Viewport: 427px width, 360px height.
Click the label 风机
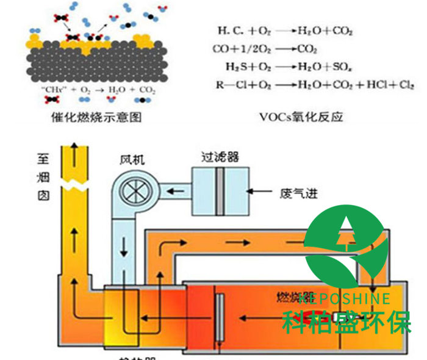(x=132, y=160)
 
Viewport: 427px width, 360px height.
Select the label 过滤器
(x=220, y=157)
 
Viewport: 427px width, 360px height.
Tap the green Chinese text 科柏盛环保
(x=346, y=321)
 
